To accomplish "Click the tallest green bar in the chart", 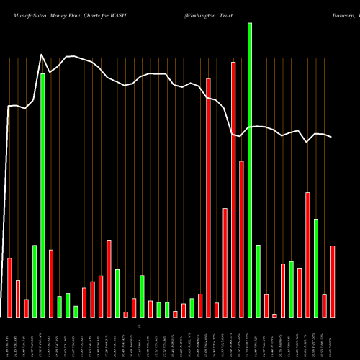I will (x=250, y=170).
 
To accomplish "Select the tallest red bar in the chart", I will (x=233, y=189).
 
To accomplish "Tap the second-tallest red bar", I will (x=208, y=198).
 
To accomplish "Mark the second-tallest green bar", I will (x=42, y=195).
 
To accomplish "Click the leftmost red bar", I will (x=9, y=287).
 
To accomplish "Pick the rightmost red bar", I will (x=333, y=282).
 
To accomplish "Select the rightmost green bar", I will (x=316, y=268).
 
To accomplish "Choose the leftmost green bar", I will (x=35, y=282).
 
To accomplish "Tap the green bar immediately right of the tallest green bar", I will (x=258, y=282).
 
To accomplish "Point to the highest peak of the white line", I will (x=42, y=54).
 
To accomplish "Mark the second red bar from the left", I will (x=18, y=299).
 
